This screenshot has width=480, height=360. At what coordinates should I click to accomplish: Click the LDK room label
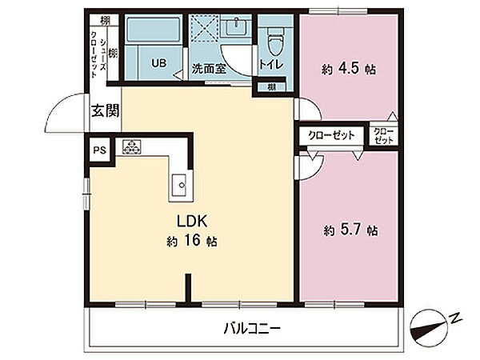192,222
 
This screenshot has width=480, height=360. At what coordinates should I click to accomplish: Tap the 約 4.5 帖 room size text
349,69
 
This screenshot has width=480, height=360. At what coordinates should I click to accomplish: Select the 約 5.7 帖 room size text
350,230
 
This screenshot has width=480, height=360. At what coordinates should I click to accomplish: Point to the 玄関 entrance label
106,110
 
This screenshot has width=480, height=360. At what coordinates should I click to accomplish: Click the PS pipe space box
100,150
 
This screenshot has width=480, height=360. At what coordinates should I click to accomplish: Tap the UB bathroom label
159,63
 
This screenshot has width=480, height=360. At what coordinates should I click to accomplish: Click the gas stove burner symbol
132,146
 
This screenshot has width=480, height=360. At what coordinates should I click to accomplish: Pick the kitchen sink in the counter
178,185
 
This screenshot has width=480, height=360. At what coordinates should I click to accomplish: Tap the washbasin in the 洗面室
236,26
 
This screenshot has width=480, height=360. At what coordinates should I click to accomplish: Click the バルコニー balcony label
252,329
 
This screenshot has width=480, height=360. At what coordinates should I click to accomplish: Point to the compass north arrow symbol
429,328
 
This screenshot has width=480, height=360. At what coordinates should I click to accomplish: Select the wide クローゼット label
331,135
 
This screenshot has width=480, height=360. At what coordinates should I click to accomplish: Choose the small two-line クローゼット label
383,136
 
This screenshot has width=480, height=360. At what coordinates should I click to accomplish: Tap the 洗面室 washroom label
209,69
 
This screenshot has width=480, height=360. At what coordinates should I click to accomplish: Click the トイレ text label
271,64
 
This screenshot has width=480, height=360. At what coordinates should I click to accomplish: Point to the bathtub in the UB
153,30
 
